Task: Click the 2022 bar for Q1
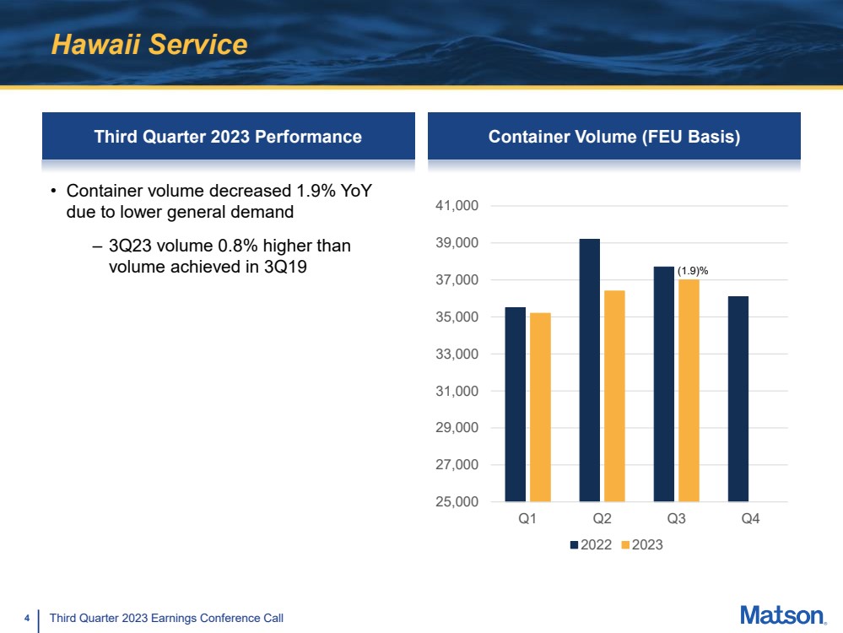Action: click(515, 404)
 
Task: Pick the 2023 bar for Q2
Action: click(614, 396)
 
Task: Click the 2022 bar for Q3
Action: click(663, 384)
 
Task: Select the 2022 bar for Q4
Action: click(738, 398)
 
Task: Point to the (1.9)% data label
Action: click(693, 270)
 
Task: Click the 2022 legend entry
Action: click(592, 545)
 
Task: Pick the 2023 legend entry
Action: click(642, 545)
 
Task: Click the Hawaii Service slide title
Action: click(149, 45)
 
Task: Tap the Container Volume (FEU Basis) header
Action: click(614, 137)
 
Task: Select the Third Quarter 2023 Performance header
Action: click(228, 137)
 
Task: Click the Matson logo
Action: click(782, 615)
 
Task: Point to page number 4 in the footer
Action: click(27, 619)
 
